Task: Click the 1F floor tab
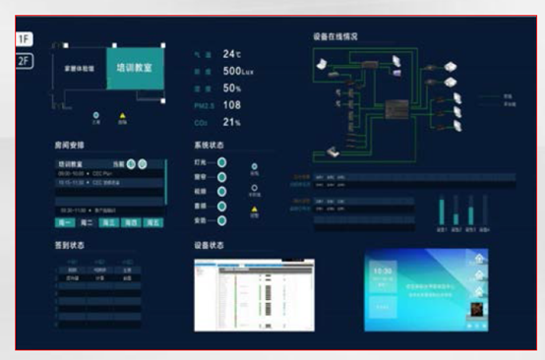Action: [25, 38]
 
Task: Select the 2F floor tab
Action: [25, 60]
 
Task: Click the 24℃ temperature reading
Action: [232, 53]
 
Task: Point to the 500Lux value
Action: [239, 71]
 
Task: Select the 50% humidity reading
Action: [233, 88]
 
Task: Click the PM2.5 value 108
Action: [232, 104]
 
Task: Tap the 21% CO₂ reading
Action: [232, 122]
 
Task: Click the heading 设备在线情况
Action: [335, 36]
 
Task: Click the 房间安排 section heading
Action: [70, 145]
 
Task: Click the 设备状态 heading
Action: [210, 245]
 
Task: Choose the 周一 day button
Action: [65, 223]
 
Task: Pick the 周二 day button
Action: [88, 223]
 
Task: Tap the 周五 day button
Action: [152, 223]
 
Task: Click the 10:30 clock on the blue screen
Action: [384, 270]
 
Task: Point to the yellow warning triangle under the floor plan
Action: [122, 117]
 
